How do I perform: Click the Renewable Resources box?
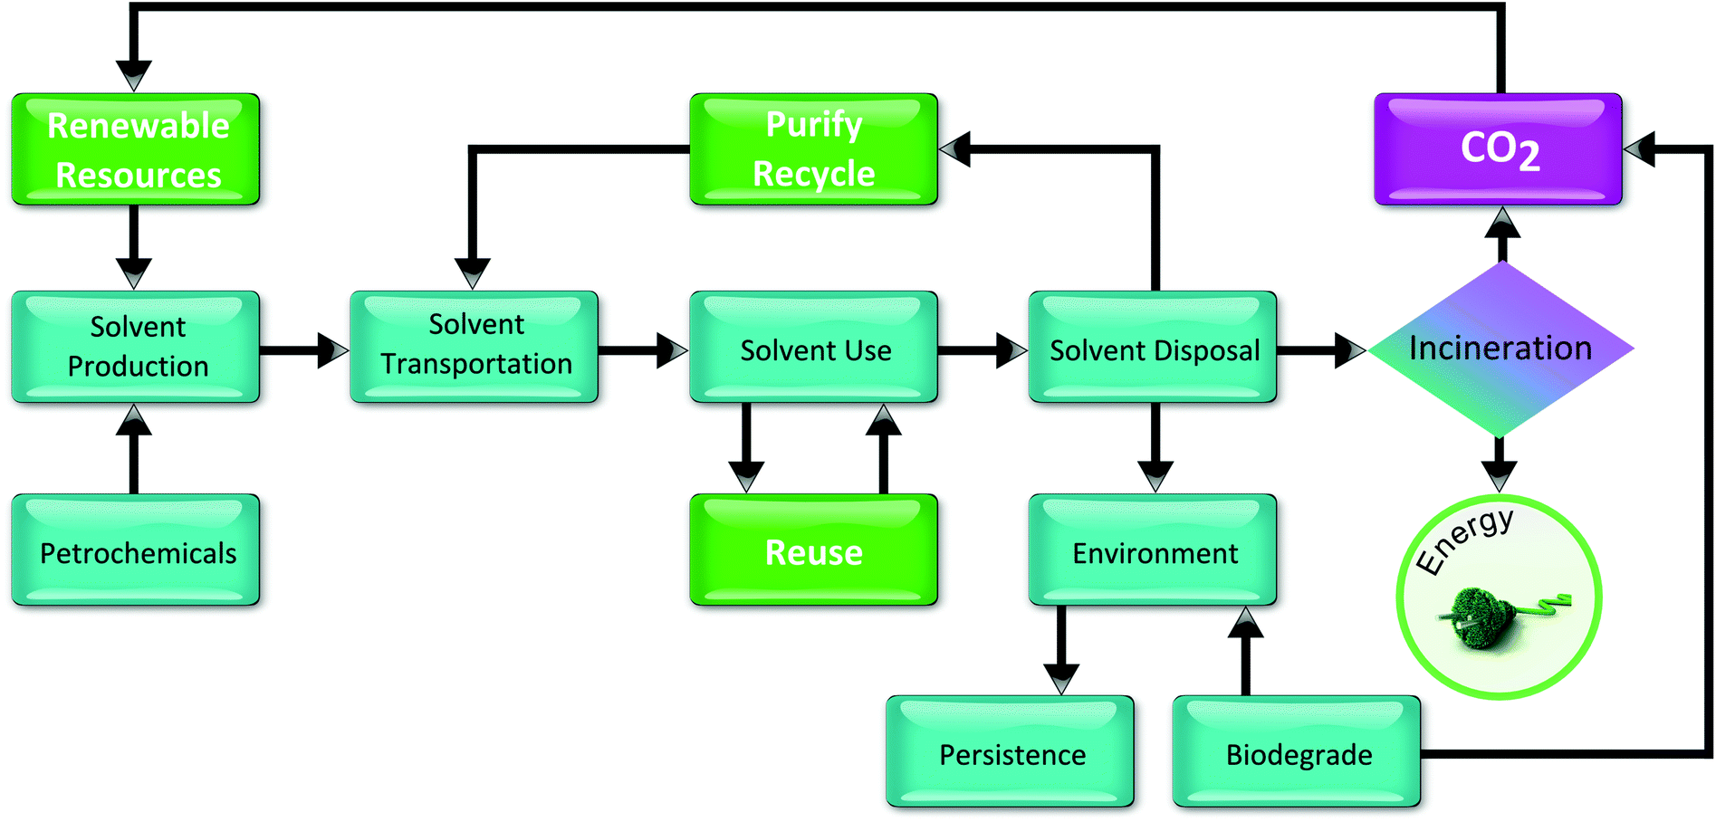[136, 149]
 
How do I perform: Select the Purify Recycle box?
[813, 149]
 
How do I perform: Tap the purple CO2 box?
[1498, 149]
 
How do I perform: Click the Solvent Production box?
[136, 347]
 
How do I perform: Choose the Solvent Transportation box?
[475, 347]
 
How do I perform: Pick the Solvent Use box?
[813, 347]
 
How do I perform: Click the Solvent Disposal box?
[1153, 347]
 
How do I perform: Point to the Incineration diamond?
[1500, 349]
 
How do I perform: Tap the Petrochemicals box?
[136, 550]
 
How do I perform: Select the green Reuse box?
[813, 550]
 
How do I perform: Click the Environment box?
[1153, 550]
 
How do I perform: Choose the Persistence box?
[1010, 751]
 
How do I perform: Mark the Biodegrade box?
[1297, 751]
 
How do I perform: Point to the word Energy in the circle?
[1463, 540]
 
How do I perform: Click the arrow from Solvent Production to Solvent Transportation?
[304, 350]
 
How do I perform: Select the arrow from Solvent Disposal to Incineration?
[1322, 349]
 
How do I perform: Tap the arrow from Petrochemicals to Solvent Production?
[134, 448]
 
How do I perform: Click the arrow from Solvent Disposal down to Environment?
[1155, 448]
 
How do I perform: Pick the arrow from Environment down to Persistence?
[1061, 651]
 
